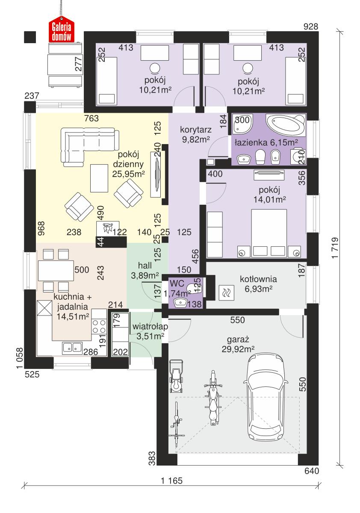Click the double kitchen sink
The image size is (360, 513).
click(72, 348)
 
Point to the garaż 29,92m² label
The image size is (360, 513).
click(238, 345)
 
